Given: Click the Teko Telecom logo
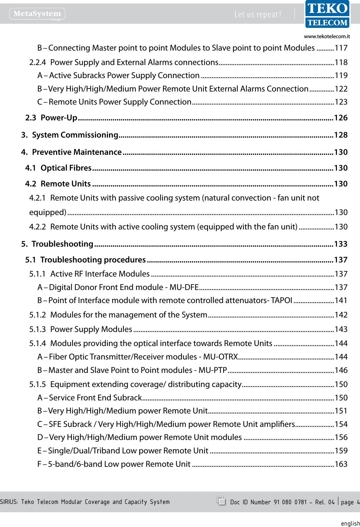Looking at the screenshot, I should (x=327, y=14).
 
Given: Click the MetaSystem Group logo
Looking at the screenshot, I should (x=37, y=14).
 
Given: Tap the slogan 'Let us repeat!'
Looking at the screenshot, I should (x=258, y=14).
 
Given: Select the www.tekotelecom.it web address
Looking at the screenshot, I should (x=327, y=36).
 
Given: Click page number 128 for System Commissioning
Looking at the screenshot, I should (x=341, y=135).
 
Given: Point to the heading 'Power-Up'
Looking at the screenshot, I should (x=59, y=118).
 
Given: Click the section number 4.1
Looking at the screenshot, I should (x=31, y=168).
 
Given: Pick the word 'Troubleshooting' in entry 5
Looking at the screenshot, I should (x=62, y=244).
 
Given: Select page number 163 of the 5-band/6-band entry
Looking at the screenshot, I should (x=341, y=464).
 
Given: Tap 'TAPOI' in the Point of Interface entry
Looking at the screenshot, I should (x=281, y=301).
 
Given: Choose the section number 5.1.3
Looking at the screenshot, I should (x=37, y=330).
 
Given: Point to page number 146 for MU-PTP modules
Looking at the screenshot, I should (x=341, y=370).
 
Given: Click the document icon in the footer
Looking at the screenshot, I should (x=221, y=501).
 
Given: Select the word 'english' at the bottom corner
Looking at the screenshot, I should (x=350, y=523).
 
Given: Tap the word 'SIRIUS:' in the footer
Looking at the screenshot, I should (x=9, y=502).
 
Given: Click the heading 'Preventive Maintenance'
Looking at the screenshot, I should (x=77, y=152).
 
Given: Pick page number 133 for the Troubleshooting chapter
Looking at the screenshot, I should (x=341, y=244).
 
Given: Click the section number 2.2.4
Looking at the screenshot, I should (x=37, y=63).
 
